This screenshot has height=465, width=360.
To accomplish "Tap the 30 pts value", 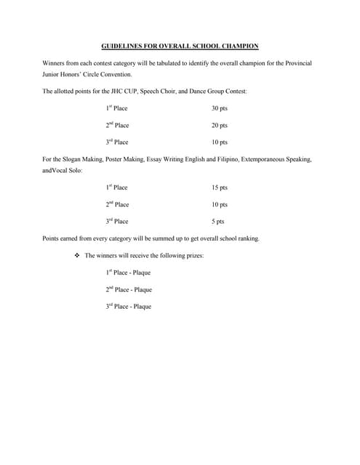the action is (x=220, y=108).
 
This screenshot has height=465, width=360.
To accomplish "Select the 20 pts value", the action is (x=220, y=126).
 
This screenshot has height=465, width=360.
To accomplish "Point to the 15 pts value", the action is (x=220, y=187).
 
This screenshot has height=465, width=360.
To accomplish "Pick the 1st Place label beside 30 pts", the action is (x=116, y=108).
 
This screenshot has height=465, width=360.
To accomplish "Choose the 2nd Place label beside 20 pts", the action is (x=117, y=126).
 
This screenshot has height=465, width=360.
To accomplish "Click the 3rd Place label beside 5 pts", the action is (x=117, y=222).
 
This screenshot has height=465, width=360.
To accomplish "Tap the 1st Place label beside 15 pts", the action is (x=116, y=187).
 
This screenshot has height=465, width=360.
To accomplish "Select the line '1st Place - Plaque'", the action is (x=128, y=273).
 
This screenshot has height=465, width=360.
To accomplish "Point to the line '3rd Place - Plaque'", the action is (x=129, y=307).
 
